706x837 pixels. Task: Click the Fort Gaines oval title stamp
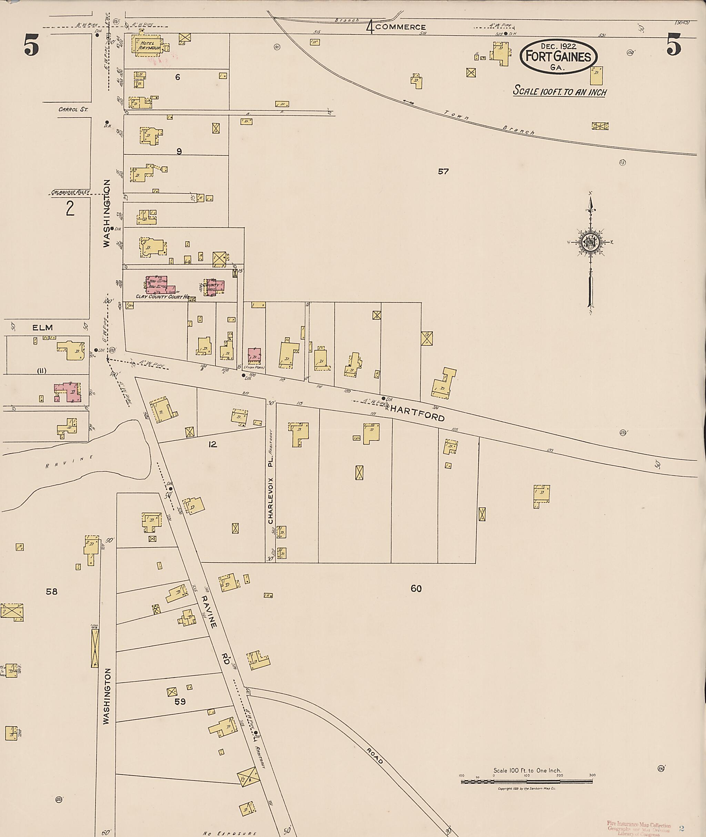558,57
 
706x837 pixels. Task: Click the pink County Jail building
214,287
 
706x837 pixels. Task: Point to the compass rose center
590,242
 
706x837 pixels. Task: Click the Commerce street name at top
401,27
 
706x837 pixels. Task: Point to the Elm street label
42,328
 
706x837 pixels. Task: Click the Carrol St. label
73,109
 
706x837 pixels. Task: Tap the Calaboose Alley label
70,192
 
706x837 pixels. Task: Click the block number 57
443,171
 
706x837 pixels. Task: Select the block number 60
416,589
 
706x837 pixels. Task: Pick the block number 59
180,701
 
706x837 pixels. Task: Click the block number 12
212,444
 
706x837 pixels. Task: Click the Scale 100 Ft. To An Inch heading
559,91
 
